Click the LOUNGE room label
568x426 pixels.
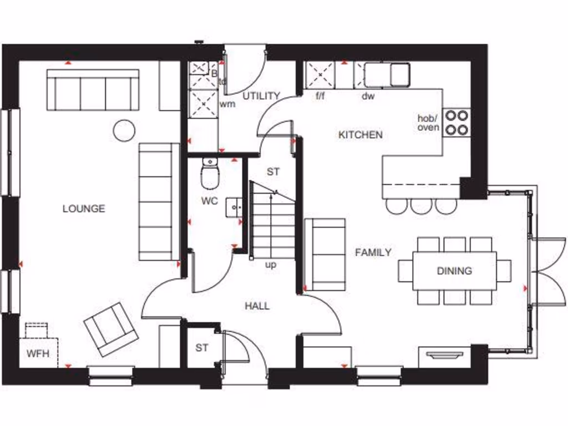[x=84, y=209]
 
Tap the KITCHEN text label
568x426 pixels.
[x=361, y=134]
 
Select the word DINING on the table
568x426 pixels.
[x=454, y=271]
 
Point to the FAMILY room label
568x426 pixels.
[x=373, y=252]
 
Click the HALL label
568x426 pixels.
[x=257, y=306]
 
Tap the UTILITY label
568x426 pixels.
[x=261, y=95]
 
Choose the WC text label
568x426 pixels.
[x=210, y=201]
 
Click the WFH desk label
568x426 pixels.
[x=38, y=353]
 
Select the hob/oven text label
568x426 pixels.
[x=428, y=123]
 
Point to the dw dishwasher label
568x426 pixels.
[x=368, y=96]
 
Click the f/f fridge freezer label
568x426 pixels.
[x=320, y=96]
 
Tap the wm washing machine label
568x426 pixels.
[x=228, y=104]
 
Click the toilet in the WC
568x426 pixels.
[x=210, y=175]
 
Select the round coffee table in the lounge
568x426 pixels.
[x=124, y=130]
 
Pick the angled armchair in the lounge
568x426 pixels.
[x=110, y=329]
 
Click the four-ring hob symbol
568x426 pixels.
[x=457, y=123]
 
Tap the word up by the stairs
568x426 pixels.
[x=271, y=265]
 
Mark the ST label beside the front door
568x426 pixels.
[x=201, y=348]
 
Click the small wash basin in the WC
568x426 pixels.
[x=234, y=207]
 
